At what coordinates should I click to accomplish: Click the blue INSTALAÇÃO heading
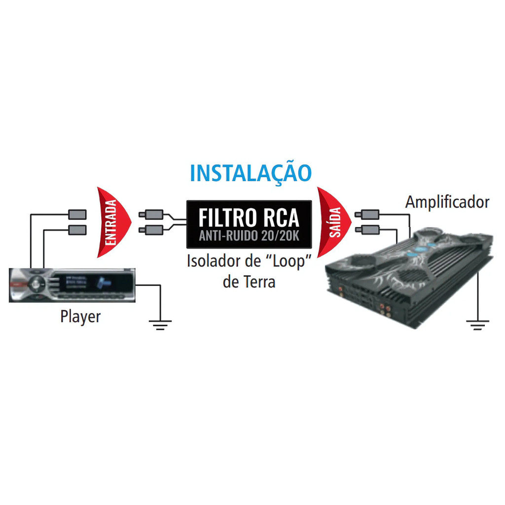[x=251, y=173]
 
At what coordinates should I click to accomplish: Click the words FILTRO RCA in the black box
[x=249, y=217]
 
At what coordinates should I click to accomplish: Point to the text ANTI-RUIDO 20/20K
[x=249, y=236]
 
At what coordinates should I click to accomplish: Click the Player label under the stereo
[x=80, y=317]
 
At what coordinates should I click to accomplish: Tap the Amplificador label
[x=447, y=202]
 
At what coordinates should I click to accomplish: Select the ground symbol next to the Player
[x=160, y=324]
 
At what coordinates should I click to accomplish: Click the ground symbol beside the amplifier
[x=477, y=324]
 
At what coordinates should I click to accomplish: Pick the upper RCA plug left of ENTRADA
[x=77, y=215]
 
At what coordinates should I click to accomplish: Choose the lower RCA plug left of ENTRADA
[x=77, y=229]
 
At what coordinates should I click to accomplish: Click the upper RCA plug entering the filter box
[x=152, y=215]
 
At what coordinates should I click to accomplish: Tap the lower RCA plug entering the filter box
[x=152, y=229]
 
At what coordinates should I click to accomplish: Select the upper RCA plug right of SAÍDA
[x=368, y=215]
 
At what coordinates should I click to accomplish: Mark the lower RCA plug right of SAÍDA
[x=368, y=229]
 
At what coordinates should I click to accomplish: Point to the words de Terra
[x=249, y=282]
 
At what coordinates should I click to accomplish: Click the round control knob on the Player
[x=35, y=284]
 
